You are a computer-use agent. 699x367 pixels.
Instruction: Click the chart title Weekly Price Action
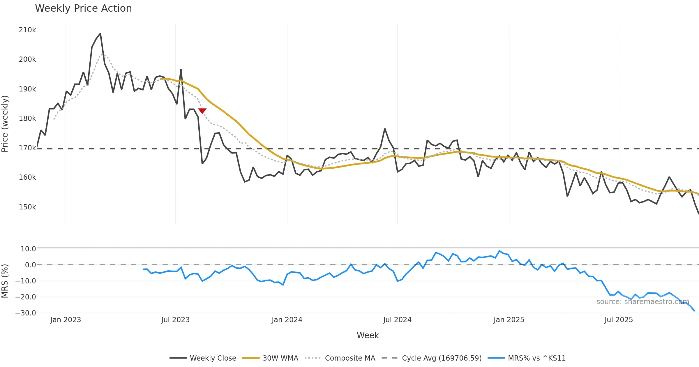click(83, 8)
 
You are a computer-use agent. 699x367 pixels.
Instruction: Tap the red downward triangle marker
click(202, 111)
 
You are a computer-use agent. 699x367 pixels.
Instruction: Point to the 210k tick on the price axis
click(27, 30)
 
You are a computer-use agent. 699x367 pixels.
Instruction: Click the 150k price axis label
click(27, 207)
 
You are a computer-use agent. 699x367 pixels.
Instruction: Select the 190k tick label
click(27, 89)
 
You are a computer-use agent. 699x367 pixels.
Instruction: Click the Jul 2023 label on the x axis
click(175, 320)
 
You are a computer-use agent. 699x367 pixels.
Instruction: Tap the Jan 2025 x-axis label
click(509, 320)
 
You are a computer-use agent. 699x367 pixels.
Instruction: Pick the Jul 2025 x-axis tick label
click(619, 320)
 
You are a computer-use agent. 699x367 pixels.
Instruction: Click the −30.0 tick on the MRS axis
click(26, 313)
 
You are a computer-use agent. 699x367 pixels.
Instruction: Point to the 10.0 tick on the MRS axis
click(28, 249)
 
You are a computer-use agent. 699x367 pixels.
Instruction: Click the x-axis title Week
click(368, 336)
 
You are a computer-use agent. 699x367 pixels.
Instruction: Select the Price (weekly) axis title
click(5, 124)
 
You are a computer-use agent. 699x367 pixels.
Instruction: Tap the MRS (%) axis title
click(5, 281)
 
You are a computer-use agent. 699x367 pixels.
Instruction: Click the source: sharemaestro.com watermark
click(643, 302)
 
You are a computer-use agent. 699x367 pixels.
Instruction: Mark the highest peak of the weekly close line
click(100, 34)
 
